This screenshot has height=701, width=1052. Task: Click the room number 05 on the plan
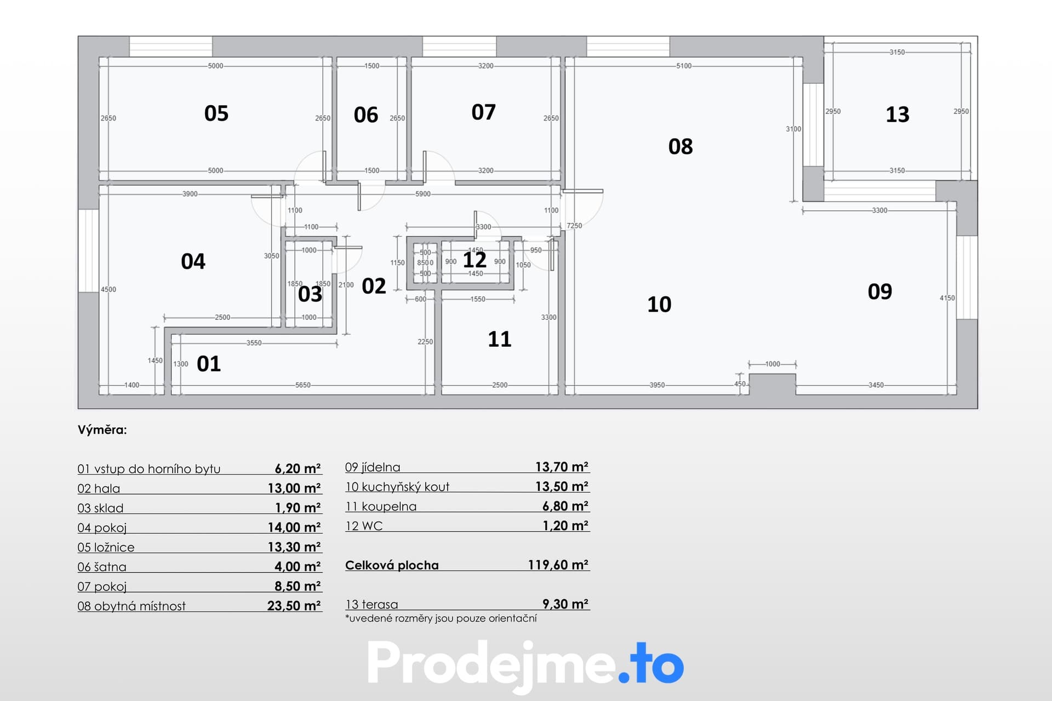tap(216, 113)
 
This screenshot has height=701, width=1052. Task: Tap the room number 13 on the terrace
tap(897, 114)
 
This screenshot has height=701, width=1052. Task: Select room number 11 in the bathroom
tap(500, 339)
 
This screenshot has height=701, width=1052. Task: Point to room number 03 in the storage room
tap(310, 294)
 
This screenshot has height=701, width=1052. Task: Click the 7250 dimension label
tap(574, 226)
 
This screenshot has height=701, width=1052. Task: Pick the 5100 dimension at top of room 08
tap(684, 66)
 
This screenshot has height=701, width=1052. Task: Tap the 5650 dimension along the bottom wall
tap(303, 385)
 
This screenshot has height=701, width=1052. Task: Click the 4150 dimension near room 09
tap(947, 298)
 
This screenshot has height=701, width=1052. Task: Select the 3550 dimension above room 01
tap(254, 343)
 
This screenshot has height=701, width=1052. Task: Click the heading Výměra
tap(102, 430)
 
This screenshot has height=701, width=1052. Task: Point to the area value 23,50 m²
tap(294, 606)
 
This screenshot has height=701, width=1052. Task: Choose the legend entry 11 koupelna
tap(381, 507)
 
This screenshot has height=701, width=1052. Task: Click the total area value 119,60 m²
tap(558, 565)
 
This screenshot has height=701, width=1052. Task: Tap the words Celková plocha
tap(392, 565)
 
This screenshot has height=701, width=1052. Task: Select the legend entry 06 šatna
tap(102, 567)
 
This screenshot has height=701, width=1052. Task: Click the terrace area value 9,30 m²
tap(565, 604)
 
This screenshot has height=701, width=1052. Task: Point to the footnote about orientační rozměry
tap(441, 618)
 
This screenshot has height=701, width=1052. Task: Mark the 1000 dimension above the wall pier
tap(773, 364)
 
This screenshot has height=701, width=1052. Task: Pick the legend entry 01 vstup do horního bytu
tap(149, 469)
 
